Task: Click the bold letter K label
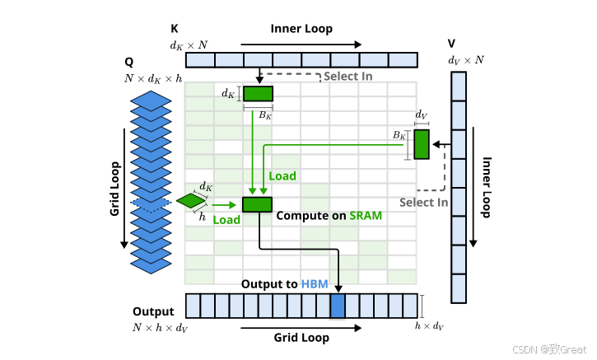tap(174, 28)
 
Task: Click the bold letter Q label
tap(129, 62)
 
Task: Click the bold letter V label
tap(451, 43)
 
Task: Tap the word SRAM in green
tap(366, 215)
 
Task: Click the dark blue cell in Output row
tap(337, 306)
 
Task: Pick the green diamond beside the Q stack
tap(191, 201)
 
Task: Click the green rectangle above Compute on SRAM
tap(257, 204)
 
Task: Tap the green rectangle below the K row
tap(258, 93)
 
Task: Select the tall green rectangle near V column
tap(422, 144)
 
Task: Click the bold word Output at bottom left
tap(153, 312)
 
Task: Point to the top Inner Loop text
tap(301, 29)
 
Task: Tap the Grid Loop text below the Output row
tap(301, 338)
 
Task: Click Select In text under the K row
tap(347, 77)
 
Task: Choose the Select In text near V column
tap(423, 203)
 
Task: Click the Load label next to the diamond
tap(226, 220)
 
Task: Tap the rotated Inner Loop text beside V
tap(487, 187)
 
